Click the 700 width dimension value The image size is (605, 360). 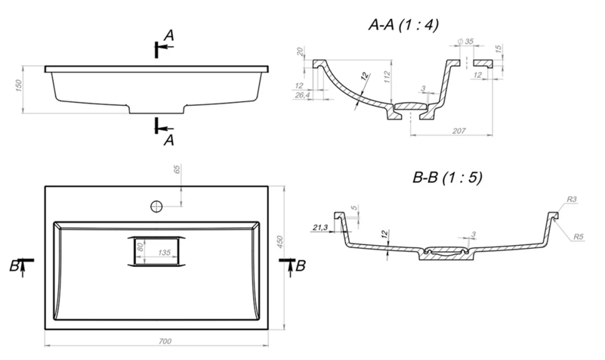pos(165,341)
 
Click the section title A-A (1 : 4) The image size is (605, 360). pos(404,26)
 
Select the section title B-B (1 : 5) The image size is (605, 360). pos(447,178)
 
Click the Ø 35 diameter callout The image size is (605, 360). pos(465,41)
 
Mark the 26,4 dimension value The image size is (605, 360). pos(302,95)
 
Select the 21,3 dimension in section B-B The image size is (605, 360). pos(319,228)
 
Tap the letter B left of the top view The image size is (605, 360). pos(14,266)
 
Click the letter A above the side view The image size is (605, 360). pos(168,37)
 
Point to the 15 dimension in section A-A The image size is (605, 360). pos(498,49)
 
